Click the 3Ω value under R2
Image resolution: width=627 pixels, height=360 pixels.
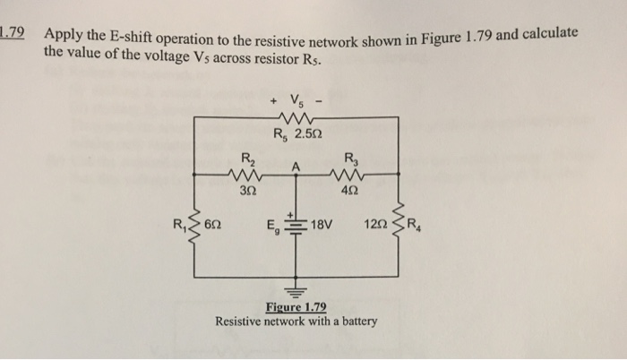click(245, 191)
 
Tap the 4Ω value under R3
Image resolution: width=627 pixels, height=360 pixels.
click(349, 191)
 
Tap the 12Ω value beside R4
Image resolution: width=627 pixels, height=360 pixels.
click(376, 224)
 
